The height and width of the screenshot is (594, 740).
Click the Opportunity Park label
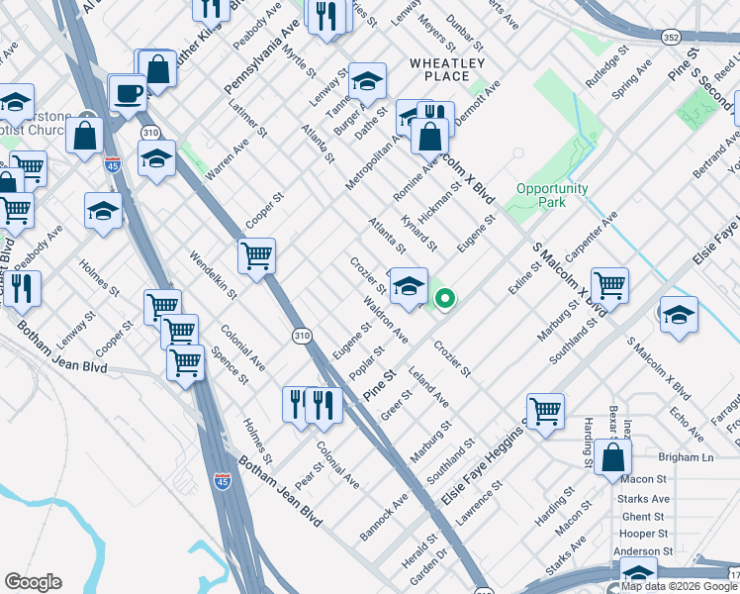pos(552,195)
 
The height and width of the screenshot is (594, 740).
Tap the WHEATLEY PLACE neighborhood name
pos(447,69)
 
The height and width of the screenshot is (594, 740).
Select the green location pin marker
pos(446,297)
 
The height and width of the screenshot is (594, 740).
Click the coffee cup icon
pos(128,94)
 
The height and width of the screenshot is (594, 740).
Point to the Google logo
pos(33,582)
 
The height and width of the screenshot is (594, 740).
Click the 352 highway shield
pos(671,37)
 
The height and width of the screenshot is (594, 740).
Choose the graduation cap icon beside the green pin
pos(409,287)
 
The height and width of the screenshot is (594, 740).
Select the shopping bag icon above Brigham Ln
pos(613,458)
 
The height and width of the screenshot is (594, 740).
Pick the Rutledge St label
pos(607,67)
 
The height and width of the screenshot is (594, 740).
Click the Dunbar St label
pos(466,33)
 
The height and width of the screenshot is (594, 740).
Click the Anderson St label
pos(643,550)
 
